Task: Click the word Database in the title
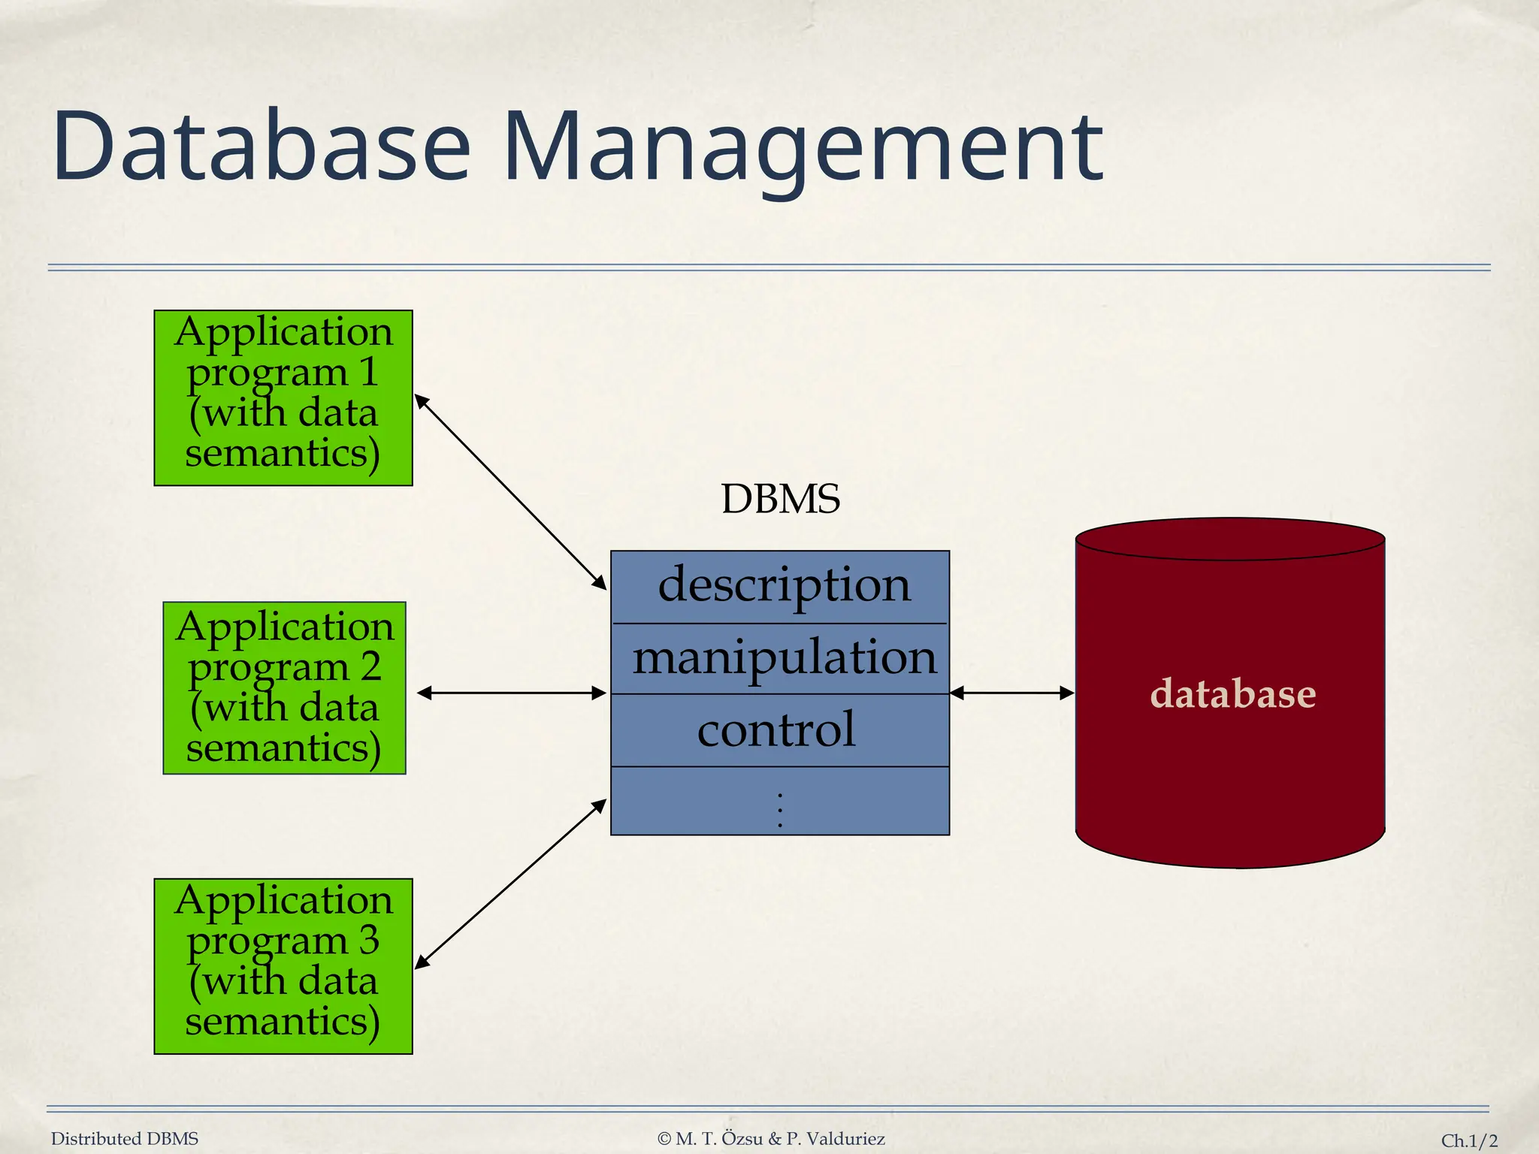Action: (x=261, y=147)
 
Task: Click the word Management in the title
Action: (x=803, y=147)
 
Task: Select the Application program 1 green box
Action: (x=283, y=397)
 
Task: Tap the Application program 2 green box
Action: (x=284, y=687)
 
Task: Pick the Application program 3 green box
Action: (x=283, y=966)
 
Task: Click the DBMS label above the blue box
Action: (x=780, y=500)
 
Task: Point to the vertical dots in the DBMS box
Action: (x=780, y=810)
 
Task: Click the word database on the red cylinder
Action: (x=1232, y=693)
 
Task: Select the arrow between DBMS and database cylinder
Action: (x=1012, y=693)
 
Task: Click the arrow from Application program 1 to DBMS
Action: (x=511, y=492)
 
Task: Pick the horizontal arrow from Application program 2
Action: (x=511, y=693)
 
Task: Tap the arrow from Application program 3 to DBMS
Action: (x=511, y=884)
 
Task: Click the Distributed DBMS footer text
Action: (x=125, y=1139)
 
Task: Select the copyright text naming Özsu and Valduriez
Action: (x=771, y=1139)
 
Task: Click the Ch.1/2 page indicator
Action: (x=1469, y=1140)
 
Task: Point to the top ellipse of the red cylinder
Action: (x=1229, y=539)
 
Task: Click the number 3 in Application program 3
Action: (x=368, y=940)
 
